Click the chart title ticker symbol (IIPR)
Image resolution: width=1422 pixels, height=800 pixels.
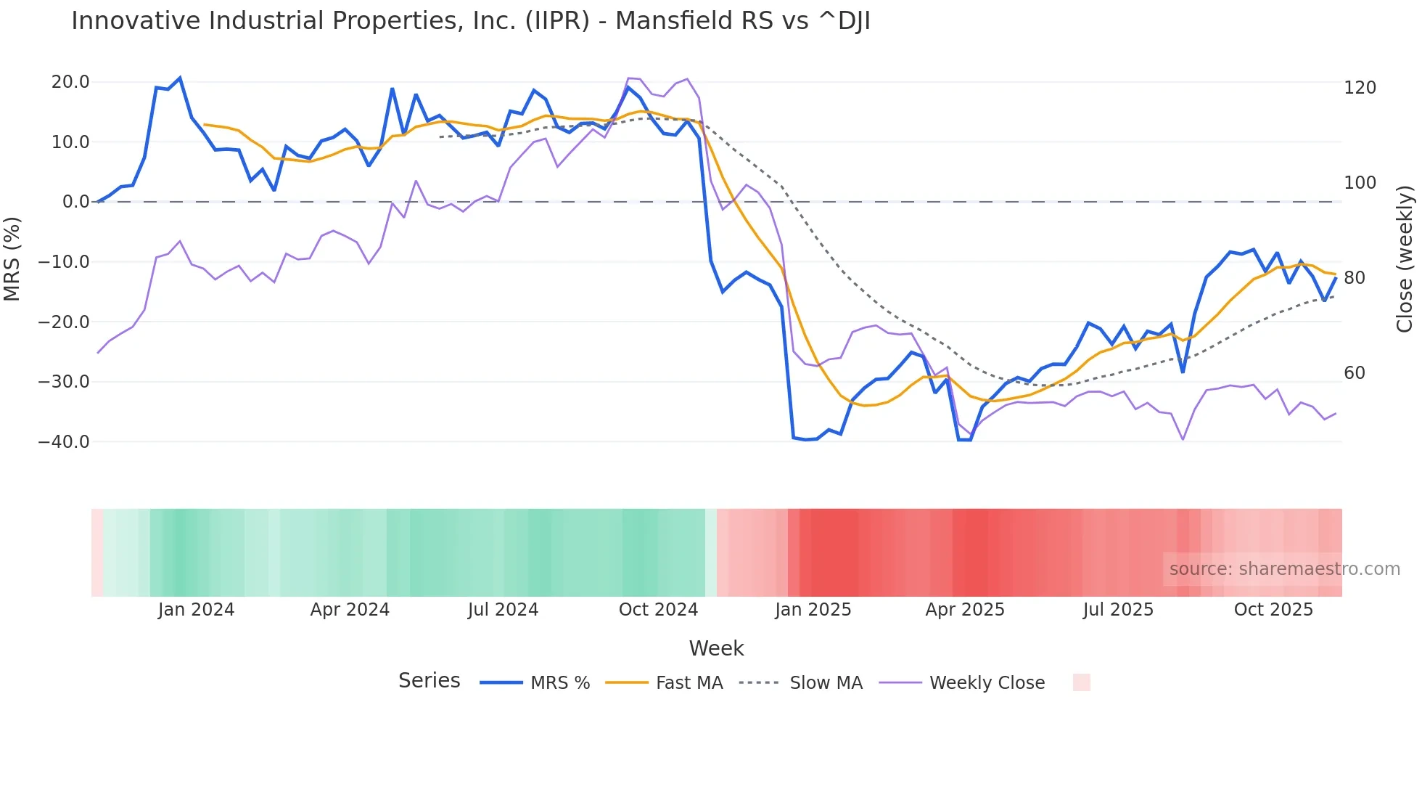point(557,21)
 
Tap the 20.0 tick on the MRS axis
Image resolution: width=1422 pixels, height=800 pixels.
point(70,82)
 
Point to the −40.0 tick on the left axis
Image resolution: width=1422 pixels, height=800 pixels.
point(64,441)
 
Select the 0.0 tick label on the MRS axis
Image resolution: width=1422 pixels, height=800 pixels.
point(75,202)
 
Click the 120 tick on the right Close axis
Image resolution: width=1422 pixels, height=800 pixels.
point(1360,88)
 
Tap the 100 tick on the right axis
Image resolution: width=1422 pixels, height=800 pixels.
point(1360,183)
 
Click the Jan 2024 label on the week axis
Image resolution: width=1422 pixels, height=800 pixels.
point(196,610)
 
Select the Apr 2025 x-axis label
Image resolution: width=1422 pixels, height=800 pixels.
point(965,610)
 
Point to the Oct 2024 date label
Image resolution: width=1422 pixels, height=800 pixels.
point(658,610)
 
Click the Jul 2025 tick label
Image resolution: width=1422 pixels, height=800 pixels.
point(1118,610)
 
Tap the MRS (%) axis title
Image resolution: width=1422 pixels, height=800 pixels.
point(12,258)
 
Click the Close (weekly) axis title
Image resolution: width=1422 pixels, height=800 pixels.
point(1405,258)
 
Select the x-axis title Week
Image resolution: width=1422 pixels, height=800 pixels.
point(716,648)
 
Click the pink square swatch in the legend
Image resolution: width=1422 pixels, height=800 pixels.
point(1081,682)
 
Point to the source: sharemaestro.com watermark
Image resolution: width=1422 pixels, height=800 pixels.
point(1284,569)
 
